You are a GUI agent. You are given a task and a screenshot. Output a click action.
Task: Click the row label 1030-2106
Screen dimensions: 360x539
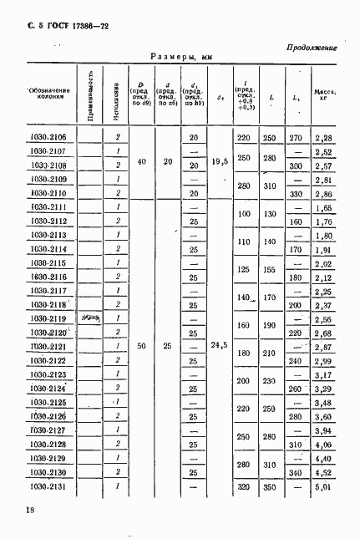coord(46,137)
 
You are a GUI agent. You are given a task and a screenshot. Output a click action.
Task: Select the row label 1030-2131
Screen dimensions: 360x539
coord(46,486)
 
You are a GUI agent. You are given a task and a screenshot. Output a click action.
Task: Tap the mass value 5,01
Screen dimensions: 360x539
coord(323,486)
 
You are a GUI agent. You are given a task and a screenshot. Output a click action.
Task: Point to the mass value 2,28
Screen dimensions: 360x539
coord(323,137)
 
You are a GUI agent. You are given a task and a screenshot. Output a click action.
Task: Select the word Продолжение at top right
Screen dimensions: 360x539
coord(310,48)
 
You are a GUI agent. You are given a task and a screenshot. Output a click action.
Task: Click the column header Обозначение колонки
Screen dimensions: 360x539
coord(47,94)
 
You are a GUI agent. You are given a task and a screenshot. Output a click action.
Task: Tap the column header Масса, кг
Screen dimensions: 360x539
coord(324,94)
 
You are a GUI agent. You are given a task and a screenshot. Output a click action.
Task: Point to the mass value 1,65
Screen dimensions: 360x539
coord(323,207)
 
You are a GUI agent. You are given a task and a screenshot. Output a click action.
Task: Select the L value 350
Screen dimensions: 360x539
coord(269,486)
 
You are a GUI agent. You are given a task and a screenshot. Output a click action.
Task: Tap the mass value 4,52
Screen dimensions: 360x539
coord(323,471)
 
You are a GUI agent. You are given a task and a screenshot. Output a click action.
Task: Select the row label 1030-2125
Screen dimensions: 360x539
coord(46,402)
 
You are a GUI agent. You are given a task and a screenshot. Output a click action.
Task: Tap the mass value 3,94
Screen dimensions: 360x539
coord(323,430)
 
